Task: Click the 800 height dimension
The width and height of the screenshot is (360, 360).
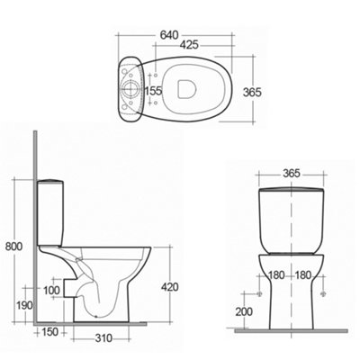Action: click(x=13, y=244)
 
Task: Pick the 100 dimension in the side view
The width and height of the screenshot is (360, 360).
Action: click(x=51, y=290)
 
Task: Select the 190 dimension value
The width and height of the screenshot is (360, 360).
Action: click(x=13, y=306)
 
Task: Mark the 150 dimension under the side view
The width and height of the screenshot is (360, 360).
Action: click(x=49, y=332)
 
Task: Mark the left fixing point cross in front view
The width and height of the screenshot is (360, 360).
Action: click(x=260, y=293)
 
